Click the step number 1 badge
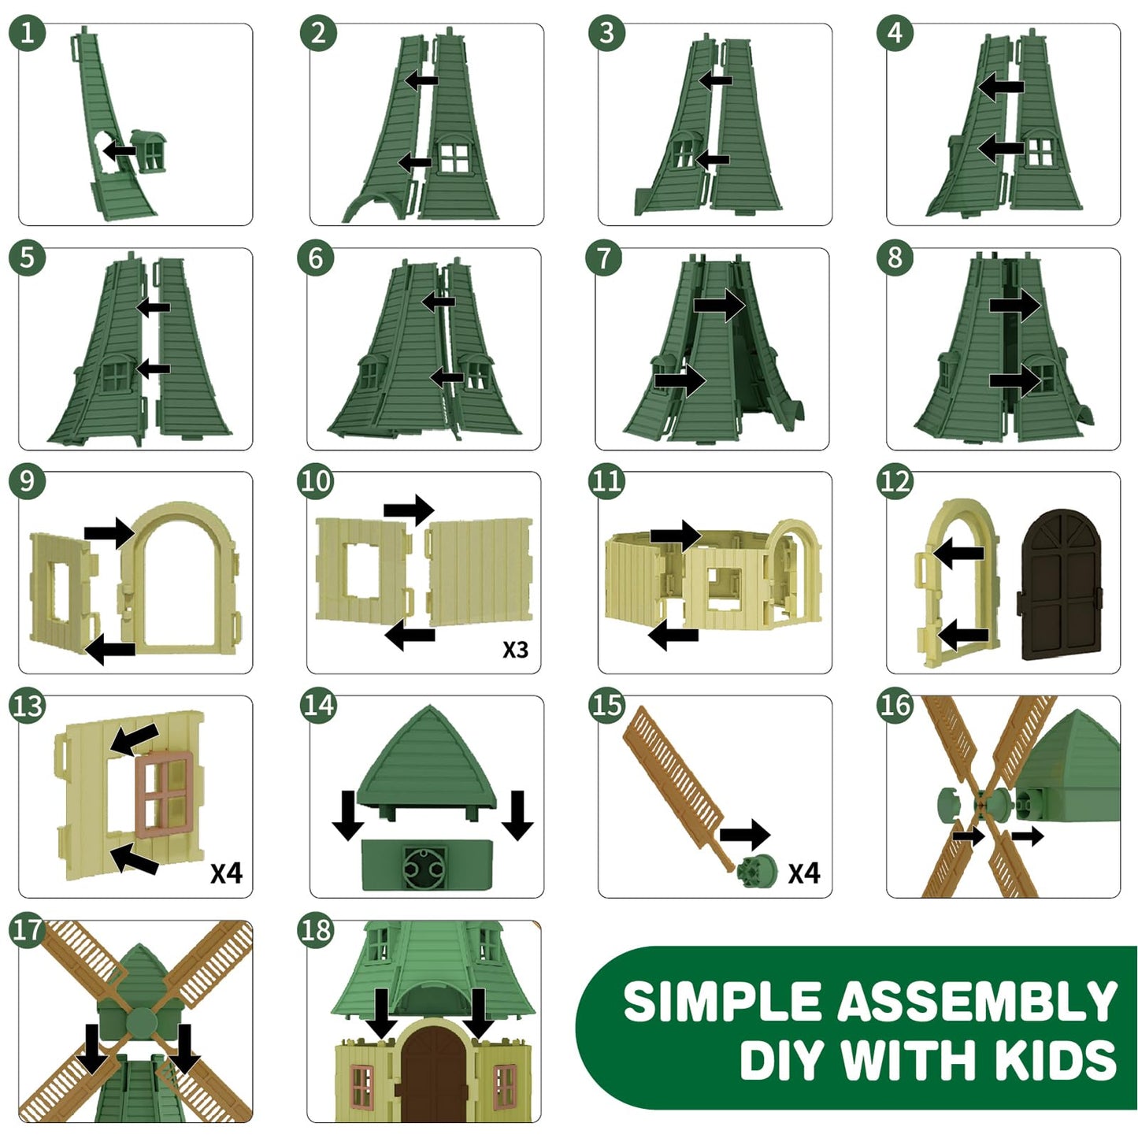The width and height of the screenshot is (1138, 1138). pyautogui.click(x=28, y=34)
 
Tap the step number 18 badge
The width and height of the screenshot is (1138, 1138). pyautogui.click(x=317, y=931)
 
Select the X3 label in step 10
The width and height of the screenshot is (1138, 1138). pyautogui.click(x=515, y=650)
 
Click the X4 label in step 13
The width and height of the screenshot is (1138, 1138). pyautogui.click(x=226, y=873)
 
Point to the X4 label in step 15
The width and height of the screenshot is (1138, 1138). pyautogui.click(x=804, y=873)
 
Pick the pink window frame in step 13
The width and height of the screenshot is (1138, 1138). pyautogui.click(x=164, y=794)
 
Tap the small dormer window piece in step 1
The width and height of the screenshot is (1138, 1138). pyautogui.click(x=149, y=150)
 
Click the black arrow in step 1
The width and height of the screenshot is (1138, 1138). pyautogui.click(x=120, y=150)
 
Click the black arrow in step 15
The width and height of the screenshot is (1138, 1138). pyautogui.click(x=744, y=834)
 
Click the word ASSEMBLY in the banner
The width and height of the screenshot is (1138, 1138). pyautogui.click(x=977, y=1002)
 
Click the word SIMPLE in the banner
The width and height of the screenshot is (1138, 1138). pyautogui.click(x=722, y=1002)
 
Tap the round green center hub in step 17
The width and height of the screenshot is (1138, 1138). pyautogui.click(x=142, y=1022)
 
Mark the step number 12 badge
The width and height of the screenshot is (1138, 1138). pyautogui.click(x=895, y=482)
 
